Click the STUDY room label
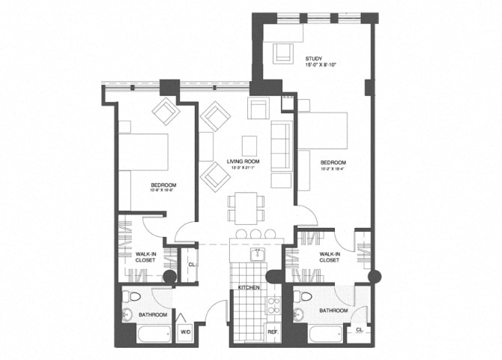pos(312,59)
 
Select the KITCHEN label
pos(248,287)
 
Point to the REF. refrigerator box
pos(273,331)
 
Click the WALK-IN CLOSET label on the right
pos(330,258)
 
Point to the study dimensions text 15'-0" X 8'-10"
pos(321,66)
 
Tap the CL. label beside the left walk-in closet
pos(192,265)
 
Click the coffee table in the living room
pos(250,144)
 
